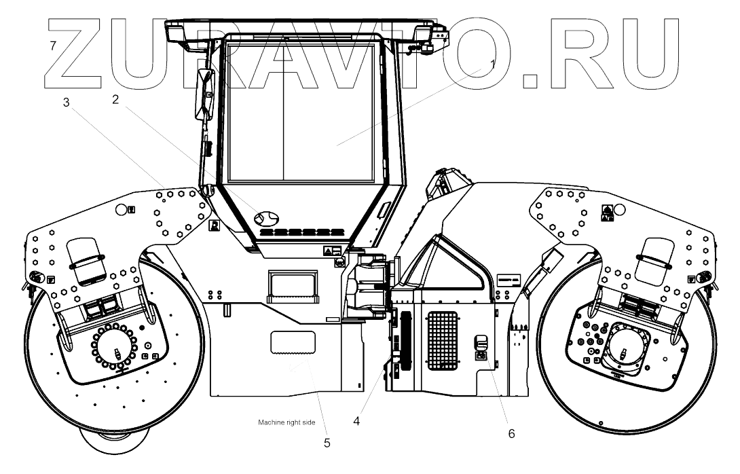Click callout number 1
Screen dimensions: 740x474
click(x=493, y=62)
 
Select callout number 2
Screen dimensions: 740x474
click(x=116, y=100)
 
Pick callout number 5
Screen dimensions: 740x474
click(x=327, y=443)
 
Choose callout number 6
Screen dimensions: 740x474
click(x=512, y=432)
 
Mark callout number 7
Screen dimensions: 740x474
click(x=53, y=46)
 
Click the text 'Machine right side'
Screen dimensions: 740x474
click(x=287, y=422)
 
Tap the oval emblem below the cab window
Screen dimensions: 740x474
click(x=266, y=218)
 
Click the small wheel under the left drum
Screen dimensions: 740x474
click(x=113, y=445)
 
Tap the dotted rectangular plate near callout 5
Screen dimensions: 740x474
click(x=293, y=343)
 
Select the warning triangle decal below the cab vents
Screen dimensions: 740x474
click(x=328, y=252)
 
